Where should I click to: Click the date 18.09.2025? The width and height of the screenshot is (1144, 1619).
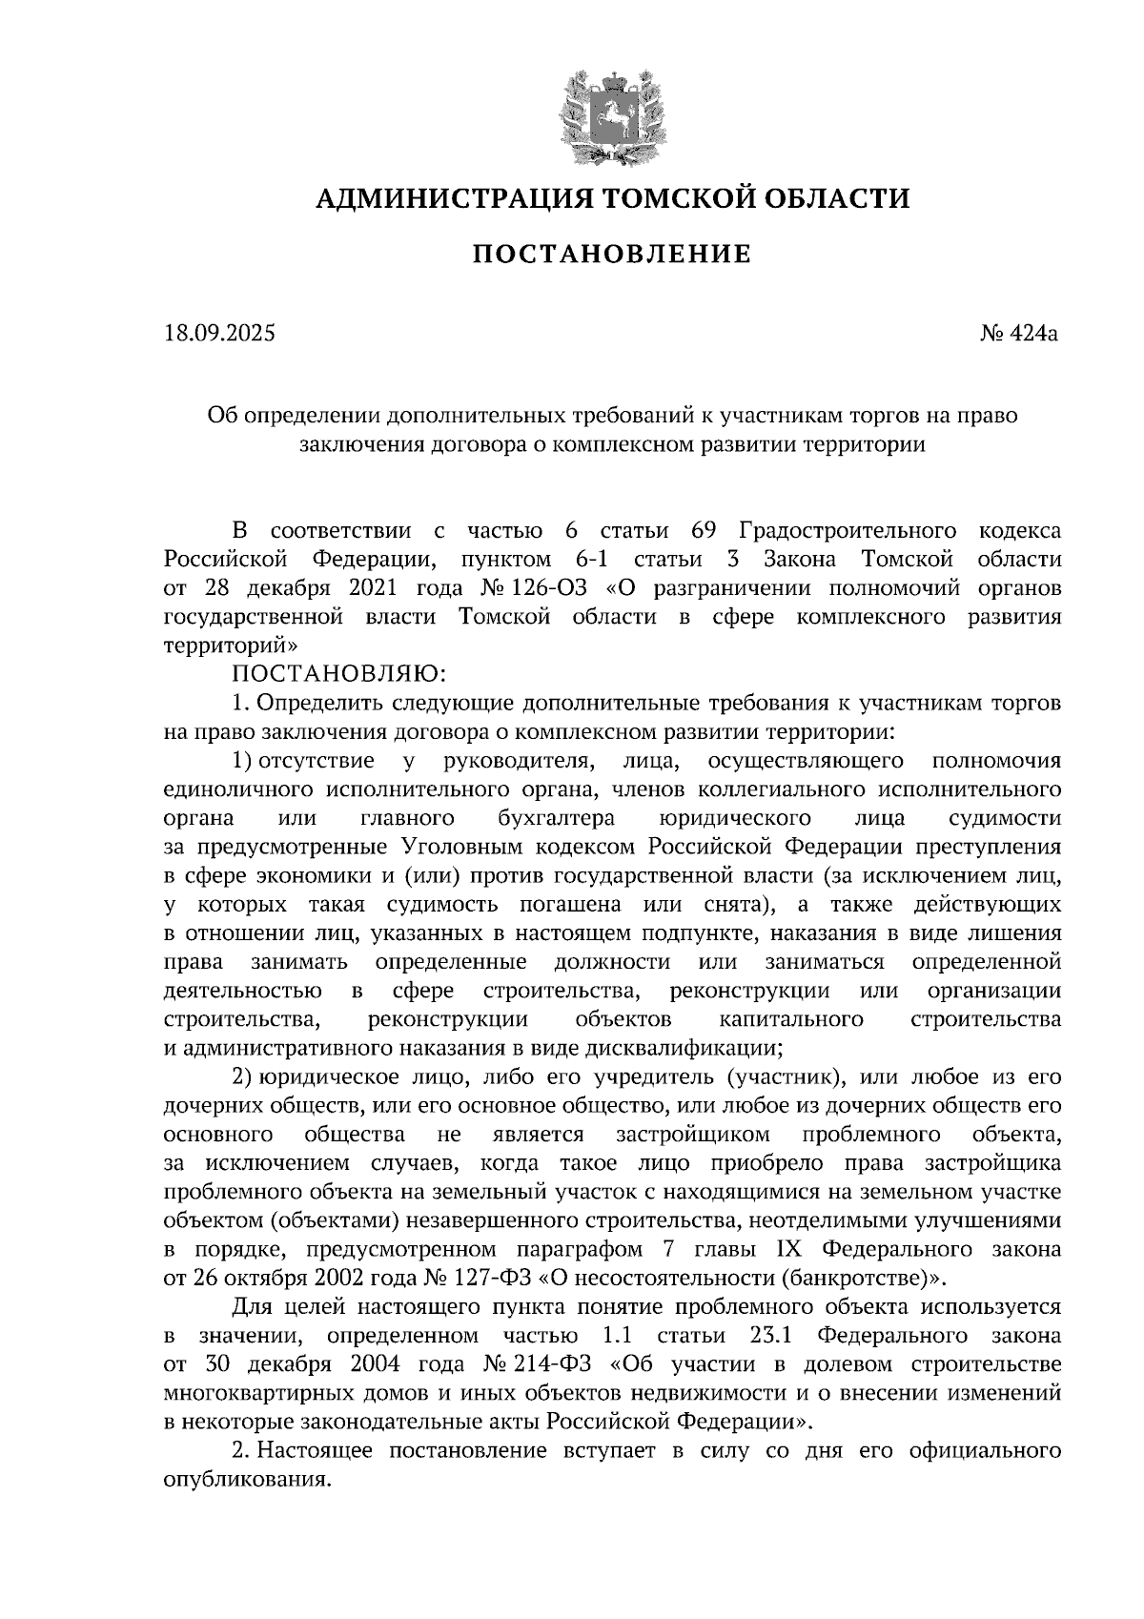(218, 334)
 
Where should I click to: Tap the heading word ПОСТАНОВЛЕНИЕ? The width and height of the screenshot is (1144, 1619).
(612, 255)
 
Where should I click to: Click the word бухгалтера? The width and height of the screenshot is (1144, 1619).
(556, 818)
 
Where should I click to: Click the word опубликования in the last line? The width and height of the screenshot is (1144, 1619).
(248, 1480)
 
